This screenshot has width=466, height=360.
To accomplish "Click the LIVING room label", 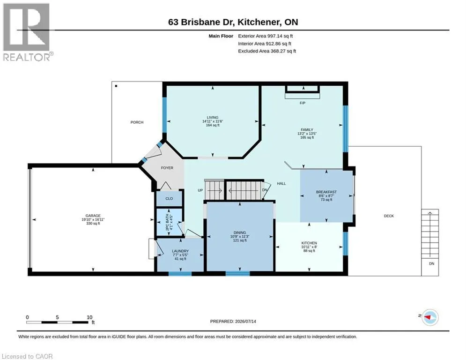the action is pos(213,118).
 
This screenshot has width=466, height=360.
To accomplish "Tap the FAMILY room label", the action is pos(307,130).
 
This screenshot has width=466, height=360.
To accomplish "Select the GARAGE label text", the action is pos(93,216).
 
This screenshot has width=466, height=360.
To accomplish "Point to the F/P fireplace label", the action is pos(303,103).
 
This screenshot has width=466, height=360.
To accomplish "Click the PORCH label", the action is pos(137,122).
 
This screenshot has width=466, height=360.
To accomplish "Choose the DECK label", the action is pos(389,216).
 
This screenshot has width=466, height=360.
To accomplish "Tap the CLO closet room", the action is pos(169,198).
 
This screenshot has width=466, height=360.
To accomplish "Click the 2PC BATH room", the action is pos(169,222).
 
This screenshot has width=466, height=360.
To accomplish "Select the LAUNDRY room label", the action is pos(180,251).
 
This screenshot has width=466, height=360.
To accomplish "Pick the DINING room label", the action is pos(240,232).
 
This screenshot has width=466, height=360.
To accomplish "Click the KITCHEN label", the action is pos(309,243).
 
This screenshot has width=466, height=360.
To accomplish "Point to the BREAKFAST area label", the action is pos(326,192).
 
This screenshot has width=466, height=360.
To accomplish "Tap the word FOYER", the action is pos(167,168).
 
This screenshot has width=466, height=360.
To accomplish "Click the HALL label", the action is pos(281,184).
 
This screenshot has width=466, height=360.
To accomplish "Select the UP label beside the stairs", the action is pos(200,190).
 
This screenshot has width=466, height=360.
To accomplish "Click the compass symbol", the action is pos(430,317).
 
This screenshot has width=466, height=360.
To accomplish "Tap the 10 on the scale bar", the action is pos(89,317).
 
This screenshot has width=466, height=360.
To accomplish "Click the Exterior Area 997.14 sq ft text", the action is pos(266,36).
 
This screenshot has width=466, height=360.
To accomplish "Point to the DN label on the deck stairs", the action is pos(431,263).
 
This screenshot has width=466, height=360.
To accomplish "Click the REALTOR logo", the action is pos(27,32).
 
